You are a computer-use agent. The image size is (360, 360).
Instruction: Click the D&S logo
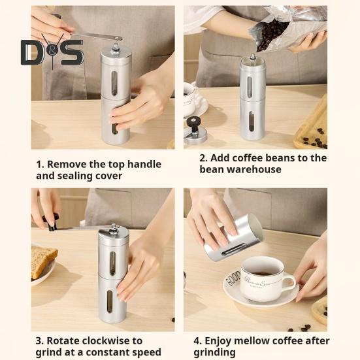click(x=52, y=52)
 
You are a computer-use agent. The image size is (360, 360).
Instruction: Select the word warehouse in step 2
click(x=254, y=169)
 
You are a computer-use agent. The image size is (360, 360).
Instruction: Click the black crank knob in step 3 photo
click(x=52, y=221)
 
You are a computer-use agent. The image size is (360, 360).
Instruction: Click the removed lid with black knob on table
click(x=195, y=131)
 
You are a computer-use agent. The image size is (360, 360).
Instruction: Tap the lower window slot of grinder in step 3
click(x=110, y=301)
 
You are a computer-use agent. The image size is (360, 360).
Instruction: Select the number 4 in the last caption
click(x=197, y=341)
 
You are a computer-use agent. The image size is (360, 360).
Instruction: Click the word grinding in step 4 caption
click(x=214, y=352)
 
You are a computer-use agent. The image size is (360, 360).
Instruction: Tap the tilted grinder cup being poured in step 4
click(x=233, y=238)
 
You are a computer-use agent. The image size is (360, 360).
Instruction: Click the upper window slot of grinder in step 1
click(x=114, y=84)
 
